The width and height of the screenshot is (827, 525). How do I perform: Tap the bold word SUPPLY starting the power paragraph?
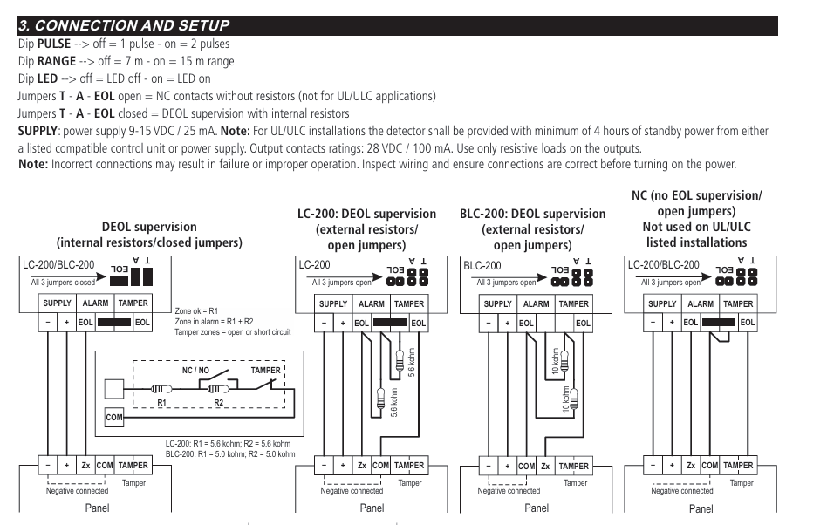[x=38, y=131]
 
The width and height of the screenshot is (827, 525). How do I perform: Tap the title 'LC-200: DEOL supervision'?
[x=366, y=214]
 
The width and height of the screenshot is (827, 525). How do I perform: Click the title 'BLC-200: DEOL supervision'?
[x=532, y=214]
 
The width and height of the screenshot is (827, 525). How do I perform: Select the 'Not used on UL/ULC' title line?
[x=695, y=228]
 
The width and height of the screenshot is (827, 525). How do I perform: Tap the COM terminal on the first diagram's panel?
[x=105, y=466]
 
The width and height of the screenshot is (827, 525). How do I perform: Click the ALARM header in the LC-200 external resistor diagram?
[x=371, y=304]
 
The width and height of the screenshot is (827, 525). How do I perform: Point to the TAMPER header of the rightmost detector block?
[x=738, y=304]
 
